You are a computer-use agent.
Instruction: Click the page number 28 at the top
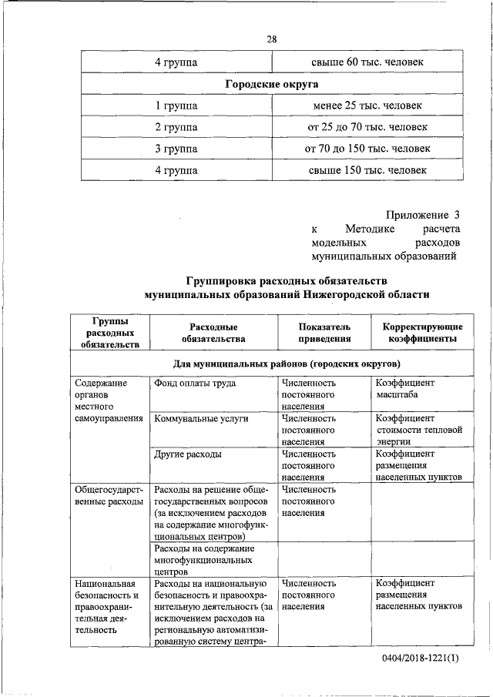tap(271, 39)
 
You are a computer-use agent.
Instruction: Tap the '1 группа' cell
tap(176, 105)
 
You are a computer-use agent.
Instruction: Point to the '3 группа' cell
tap(176, 148)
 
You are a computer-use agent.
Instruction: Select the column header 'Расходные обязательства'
tap(213, 332)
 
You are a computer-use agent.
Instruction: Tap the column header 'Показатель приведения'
tap(324, 332)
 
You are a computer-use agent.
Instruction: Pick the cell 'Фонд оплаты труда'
tap(195, 383)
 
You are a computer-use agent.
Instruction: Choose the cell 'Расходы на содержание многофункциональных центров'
tap(204, 560)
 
